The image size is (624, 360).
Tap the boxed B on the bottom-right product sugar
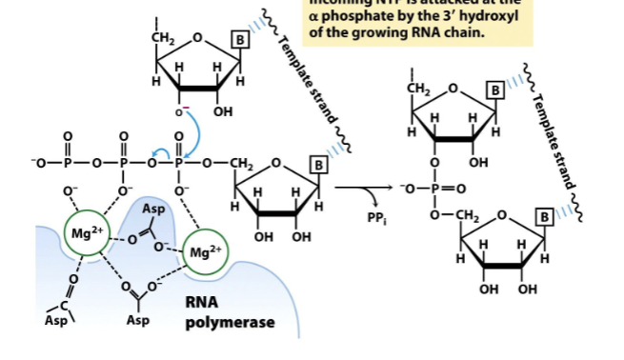click(x=547, y=214)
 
